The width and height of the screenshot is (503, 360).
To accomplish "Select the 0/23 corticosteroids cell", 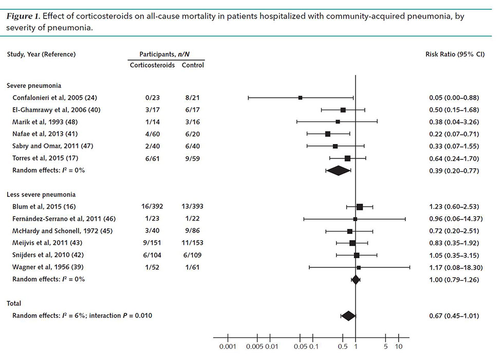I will pyautogui.click(x=152, y=97).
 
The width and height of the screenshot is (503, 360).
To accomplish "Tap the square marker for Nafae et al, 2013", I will pyautogui.click(x=328, y=134).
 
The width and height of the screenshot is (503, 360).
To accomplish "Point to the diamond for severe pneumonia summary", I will pyautogui.click(x=339, y=170).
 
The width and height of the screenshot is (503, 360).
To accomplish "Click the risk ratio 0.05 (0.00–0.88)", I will pyautogui.click(x=454, y=97).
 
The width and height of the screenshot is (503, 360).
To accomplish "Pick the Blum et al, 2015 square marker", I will pyautogui.click(x=360, y=207).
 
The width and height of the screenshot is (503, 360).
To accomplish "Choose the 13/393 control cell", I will pyautogui.click(x=192, y=207).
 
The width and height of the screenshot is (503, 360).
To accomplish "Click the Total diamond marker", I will pyautogui.click(x=348, y=315).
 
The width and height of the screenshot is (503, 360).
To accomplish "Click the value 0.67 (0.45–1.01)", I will pyautogui.click(x=454, y=315).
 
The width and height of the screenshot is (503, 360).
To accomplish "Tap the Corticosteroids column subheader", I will pyautogui.click(x=152, y=65).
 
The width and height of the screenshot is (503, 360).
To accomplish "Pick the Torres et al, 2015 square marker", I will pyautogui.click(x=348, y=158).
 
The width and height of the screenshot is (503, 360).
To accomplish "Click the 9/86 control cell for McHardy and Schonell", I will pyautogui.click(x=192, y=231).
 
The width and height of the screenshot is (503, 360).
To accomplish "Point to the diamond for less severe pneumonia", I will pyautogui.click(x=356, y=279).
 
